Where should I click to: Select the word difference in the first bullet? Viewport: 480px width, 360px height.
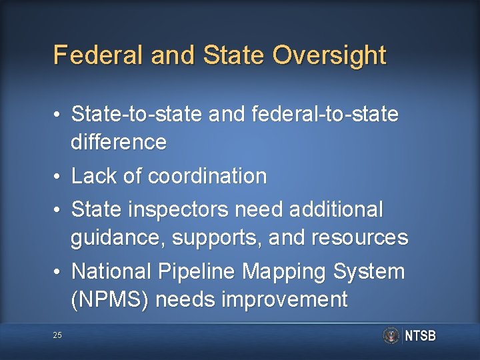pyautogui.click(x=119, y=142)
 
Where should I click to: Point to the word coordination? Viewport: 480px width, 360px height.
pyautogui.click(x=207, y=176)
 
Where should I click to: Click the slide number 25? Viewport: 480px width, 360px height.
pyautogui.click(x=57, y=335)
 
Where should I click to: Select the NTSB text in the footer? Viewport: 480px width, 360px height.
pyautogui.click(x=420, y=336)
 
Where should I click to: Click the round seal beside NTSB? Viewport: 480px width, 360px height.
pyautogui.click(x=391, y=335)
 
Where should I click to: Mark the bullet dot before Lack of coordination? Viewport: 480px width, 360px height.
pyautogui.click(x=58, y=177)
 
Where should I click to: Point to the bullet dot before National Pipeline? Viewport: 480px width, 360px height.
pyautogui.click(x=58, y=272)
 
